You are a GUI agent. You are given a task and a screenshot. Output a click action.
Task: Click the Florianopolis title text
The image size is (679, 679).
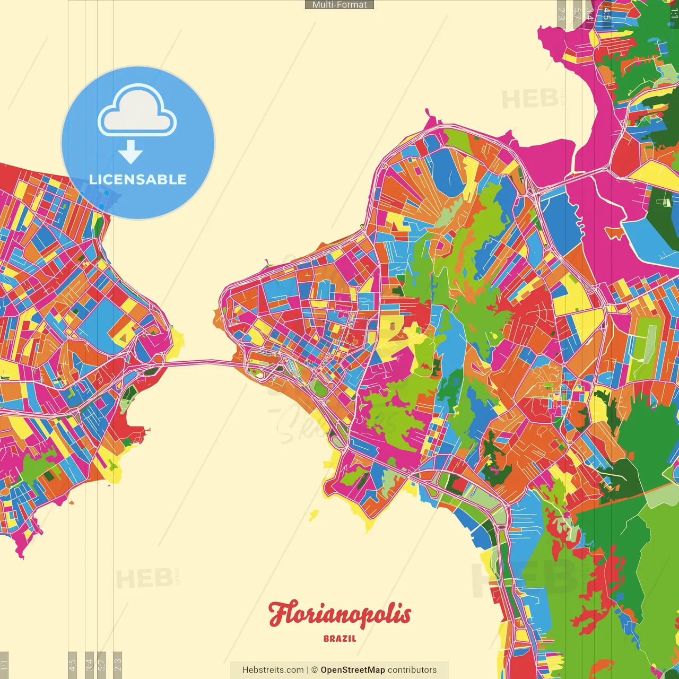point(339,614)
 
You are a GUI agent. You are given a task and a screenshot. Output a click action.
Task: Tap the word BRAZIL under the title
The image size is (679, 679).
point(339,639)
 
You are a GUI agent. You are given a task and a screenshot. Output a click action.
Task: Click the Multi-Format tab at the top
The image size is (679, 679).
point(339,5)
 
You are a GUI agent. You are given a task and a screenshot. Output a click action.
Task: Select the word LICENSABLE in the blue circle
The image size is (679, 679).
point(138,179)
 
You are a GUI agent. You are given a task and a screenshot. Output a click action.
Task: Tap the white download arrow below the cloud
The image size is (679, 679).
point(130,152)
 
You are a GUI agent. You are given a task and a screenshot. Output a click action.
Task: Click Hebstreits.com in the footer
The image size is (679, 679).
point(273,670)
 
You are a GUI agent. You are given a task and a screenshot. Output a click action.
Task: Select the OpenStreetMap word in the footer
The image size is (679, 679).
point(352,670)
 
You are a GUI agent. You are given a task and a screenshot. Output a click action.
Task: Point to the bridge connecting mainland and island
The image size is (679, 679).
point(199,363)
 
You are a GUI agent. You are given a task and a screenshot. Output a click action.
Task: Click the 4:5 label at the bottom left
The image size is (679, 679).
point(73,664)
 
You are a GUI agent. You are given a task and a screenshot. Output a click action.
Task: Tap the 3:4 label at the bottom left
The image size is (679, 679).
point(89,664)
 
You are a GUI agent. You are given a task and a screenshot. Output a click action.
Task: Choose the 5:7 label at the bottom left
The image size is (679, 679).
point(102,664)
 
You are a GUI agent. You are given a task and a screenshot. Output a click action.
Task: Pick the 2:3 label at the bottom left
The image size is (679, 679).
point(118,664)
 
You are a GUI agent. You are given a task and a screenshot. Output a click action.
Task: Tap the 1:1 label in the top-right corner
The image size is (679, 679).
point(674,13)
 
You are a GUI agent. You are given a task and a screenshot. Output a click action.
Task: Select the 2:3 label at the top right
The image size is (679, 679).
point(561,13)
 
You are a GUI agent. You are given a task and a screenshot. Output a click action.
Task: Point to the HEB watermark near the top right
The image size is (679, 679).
point(529,99)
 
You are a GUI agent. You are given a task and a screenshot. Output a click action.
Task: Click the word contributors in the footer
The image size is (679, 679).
point(412,670)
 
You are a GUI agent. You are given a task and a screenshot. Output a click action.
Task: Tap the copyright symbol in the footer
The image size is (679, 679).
point(315,670)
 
